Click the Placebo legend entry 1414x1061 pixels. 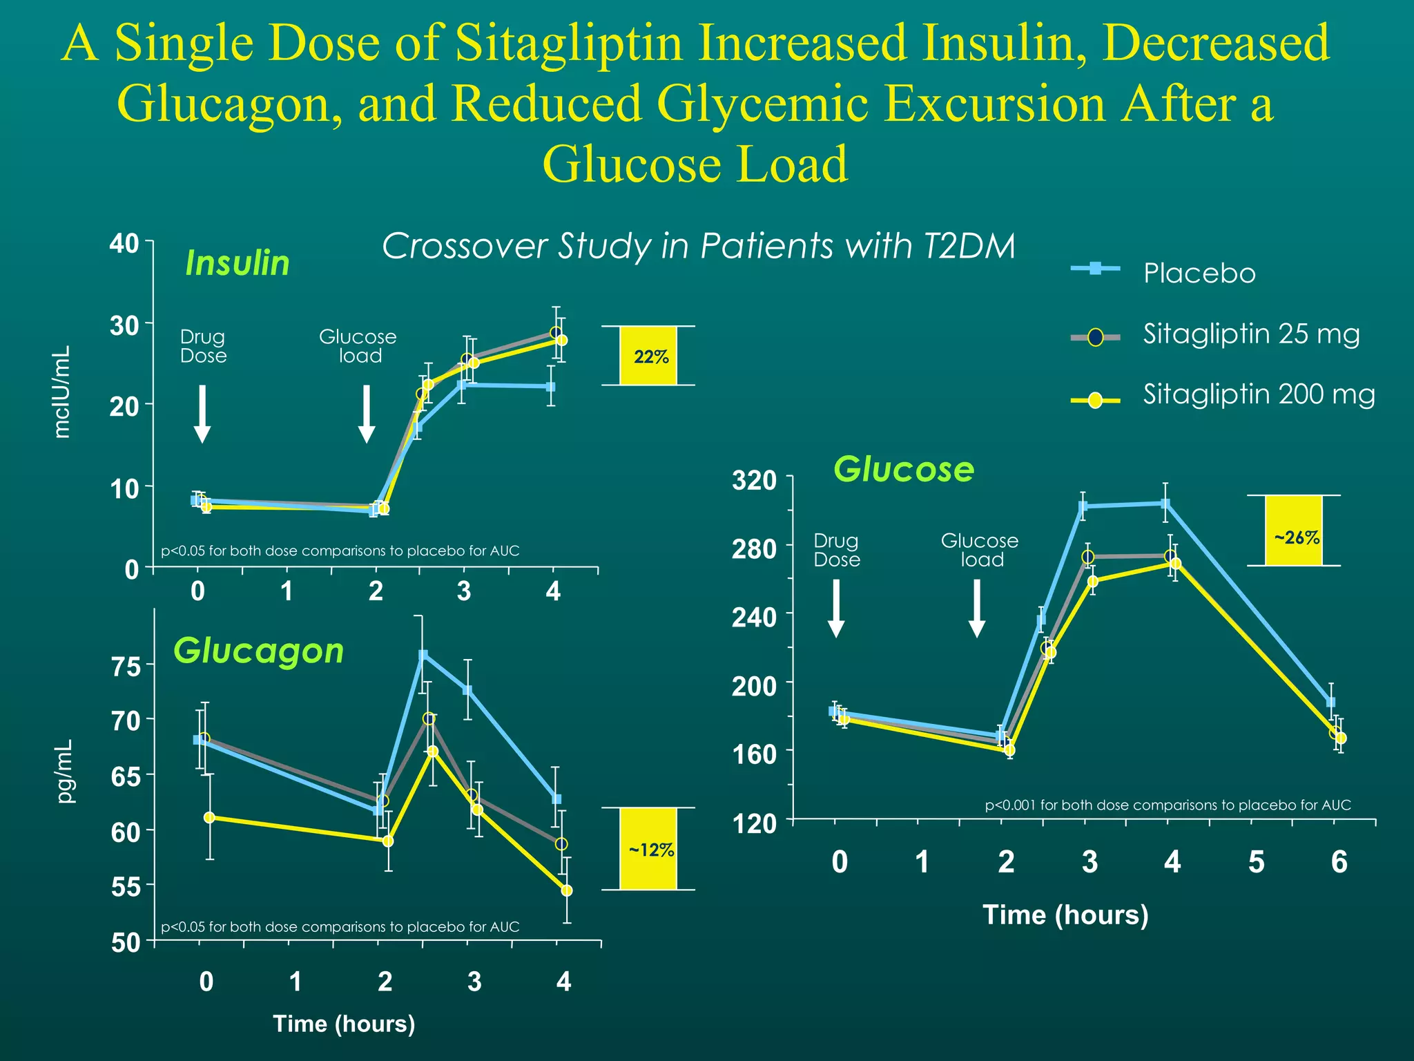[x=1199, y=274]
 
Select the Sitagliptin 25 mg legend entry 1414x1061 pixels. [x=1250, y=334]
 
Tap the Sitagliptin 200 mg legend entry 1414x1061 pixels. [x=1258, y=394]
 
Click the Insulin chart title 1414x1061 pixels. [x=238, y=263]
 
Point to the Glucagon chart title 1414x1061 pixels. [x=258, y=651]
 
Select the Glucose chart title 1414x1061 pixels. [x=903, y=470]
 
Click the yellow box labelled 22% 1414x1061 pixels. [x=648, y=356]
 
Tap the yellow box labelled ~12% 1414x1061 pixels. [x=648, y=849]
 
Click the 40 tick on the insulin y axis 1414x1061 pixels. [x=124, y=244]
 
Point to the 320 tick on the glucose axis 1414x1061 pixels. [x=754, y=480]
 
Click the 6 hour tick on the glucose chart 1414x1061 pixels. [x=1339, y=861]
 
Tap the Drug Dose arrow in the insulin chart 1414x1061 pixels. [x=202, y=413]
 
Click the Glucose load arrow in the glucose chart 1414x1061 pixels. [x=976, y=608]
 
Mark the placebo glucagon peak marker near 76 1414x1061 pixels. [x=423, y=655]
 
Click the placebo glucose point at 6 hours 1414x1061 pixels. [x=1330, y=702]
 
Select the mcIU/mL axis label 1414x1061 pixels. [x=62, y=392]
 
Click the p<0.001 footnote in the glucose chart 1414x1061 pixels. [x=1168, y=805]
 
